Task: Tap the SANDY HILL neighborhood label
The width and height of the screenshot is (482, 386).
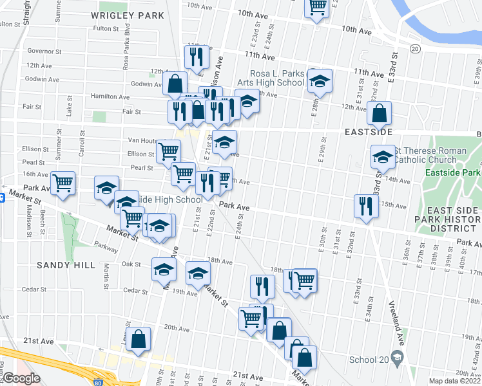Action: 66,265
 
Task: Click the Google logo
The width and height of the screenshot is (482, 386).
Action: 21,378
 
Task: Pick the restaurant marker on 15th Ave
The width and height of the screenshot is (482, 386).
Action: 364,206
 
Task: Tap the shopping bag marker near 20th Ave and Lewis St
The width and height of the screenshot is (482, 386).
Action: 139,339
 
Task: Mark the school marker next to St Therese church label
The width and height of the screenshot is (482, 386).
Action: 383,157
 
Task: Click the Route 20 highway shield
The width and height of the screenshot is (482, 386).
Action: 415,49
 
